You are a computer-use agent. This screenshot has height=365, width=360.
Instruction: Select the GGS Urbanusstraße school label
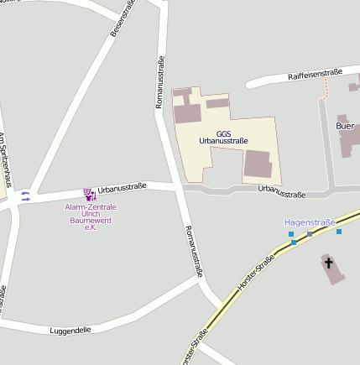click(223, 137)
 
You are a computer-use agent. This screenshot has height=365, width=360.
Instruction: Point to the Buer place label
click(345, 126)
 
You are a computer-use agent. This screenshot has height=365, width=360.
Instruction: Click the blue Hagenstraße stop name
click(309, 222)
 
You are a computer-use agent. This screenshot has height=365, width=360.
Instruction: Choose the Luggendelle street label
click(70, 330)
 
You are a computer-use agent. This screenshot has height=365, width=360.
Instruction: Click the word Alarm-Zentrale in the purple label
click(91, 206)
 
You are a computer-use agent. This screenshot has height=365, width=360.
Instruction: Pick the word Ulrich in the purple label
click(91, 214)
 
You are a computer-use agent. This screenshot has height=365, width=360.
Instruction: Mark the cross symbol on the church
click(328, 263)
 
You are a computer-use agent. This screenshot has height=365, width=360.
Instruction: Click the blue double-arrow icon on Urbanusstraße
click(25, 196)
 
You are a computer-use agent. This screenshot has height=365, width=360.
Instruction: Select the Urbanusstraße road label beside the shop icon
click(123, 187)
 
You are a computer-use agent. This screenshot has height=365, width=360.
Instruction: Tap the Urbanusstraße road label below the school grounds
click(282, 191)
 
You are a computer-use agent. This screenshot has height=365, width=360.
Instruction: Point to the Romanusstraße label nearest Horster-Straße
click(194, 251)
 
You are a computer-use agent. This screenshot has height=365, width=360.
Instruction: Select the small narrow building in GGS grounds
click(217, 104)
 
